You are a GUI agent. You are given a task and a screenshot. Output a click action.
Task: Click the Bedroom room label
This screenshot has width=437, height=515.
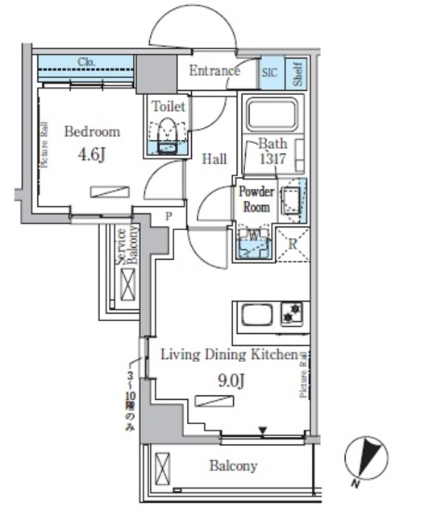(x=92, y=132)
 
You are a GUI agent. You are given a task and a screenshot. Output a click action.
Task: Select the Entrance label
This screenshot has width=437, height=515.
(x=214, y=71)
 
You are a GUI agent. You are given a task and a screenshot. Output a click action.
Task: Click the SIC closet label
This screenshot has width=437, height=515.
(x=269, y=72)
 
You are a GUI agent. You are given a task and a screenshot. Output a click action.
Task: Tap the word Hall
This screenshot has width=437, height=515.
(x=214, y=159)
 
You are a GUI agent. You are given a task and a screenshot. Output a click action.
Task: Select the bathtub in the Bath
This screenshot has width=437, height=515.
(x=274, y=114)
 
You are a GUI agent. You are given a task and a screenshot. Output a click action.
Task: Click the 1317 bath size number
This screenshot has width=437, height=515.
(x=273, y=159)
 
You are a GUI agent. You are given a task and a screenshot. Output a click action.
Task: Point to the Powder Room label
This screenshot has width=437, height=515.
(x=256, y=199)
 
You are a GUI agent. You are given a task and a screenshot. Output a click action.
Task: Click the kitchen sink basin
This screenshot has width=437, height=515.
(x=256, y=314)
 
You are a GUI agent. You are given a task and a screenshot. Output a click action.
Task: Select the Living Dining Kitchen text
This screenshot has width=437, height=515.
(x=228, y=354)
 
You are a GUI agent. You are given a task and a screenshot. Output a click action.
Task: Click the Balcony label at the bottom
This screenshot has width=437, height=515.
(x=233, y=466)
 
